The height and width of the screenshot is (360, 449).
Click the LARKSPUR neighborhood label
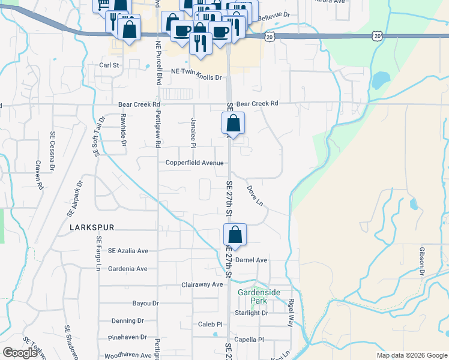(91, 227)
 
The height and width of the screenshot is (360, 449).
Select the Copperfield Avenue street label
(195, 163)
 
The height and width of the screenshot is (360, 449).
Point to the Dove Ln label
(255, 195)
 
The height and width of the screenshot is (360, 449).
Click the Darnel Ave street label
(251, 260)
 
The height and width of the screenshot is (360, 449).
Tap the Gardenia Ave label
(128, 269)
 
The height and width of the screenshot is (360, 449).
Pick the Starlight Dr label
(252, 313)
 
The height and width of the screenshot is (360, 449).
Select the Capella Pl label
(248, 340)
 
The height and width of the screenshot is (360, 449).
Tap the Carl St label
(110, 65)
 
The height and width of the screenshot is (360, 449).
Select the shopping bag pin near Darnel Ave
(235, 235)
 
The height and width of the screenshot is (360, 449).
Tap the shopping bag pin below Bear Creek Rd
(233, 124)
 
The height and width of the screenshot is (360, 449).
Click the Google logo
(20, 353)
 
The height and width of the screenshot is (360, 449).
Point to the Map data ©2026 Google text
(412, 355)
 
